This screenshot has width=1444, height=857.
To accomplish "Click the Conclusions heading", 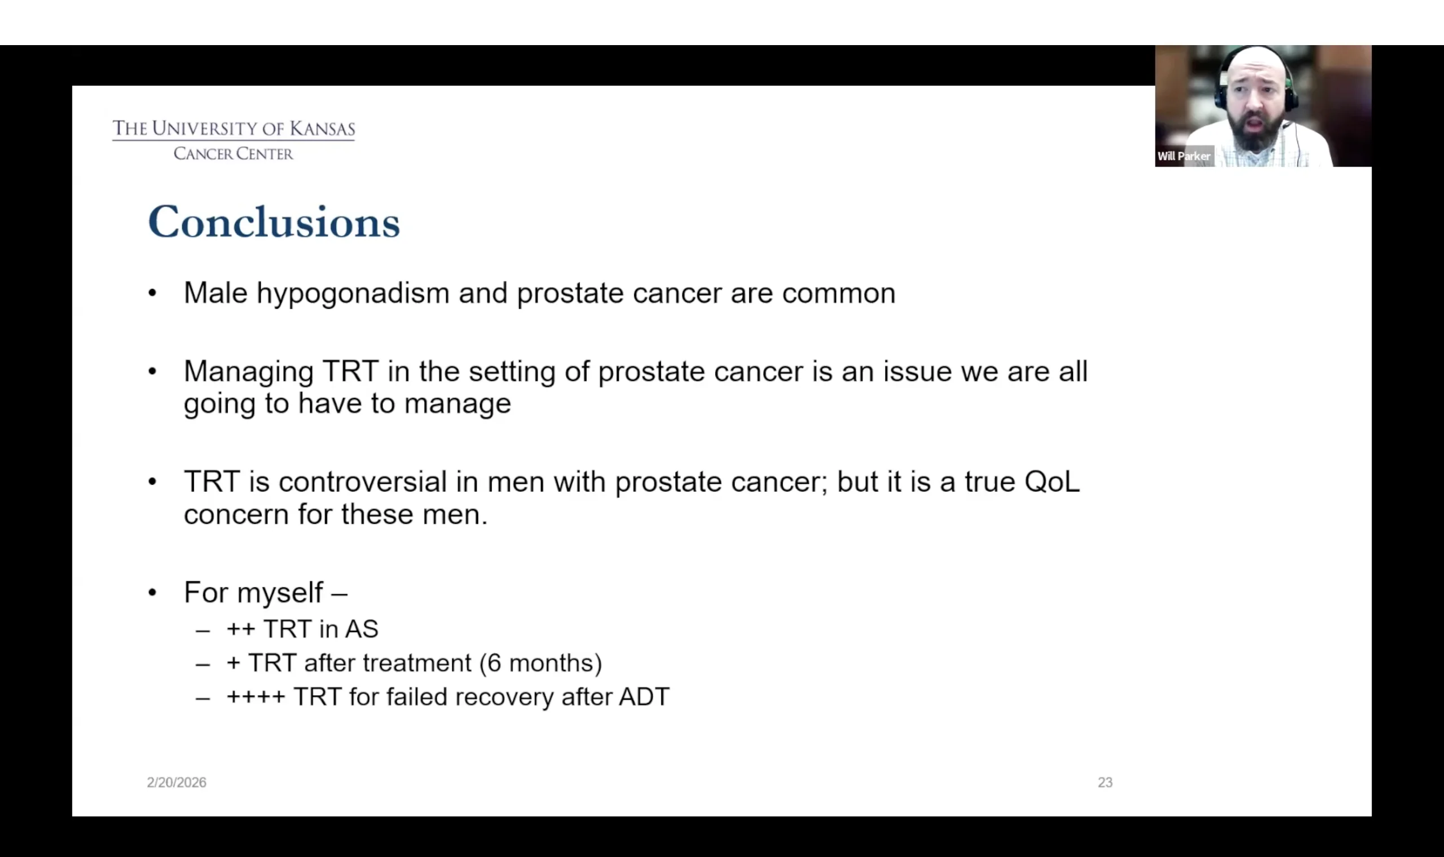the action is pos(274,222).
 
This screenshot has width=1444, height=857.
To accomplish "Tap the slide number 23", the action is pos(1105,783).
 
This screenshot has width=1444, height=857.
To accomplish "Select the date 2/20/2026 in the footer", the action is pos(176,783).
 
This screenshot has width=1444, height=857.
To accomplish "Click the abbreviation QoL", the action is pos(1052,481).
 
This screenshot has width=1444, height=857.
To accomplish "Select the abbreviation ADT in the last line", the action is pos(644,697).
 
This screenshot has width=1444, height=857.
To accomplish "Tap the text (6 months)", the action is pos(540,663).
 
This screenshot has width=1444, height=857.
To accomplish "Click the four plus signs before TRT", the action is pos(256,697).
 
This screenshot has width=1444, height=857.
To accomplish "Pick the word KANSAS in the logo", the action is pos(322,128).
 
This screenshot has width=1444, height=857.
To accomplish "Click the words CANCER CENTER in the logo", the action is pos(234,153).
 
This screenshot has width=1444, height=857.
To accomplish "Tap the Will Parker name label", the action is pos(1183,157).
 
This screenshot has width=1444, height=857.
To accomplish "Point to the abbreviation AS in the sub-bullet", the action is pos(362,629).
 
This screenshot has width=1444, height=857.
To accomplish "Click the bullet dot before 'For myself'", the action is pos(152,593).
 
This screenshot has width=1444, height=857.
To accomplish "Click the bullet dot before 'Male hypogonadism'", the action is pos(152,293).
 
